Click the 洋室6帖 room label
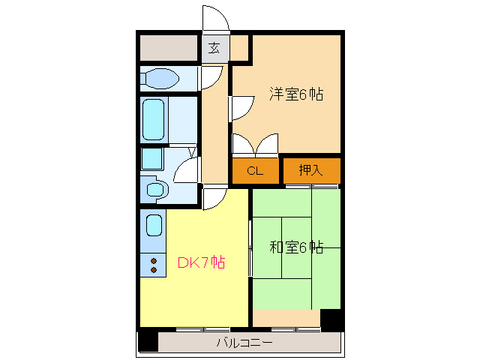[296, 94]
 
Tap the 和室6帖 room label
[296, 246]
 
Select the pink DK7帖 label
[201, 262]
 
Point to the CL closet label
[255, 171]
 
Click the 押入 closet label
[310, 171]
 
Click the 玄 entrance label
[214, 49]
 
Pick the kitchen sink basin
[153, 225]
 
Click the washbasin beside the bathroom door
[155, 189]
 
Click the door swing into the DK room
[214, 198]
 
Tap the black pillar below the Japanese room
[331, 319]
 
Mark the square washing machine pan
[152, 158]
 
